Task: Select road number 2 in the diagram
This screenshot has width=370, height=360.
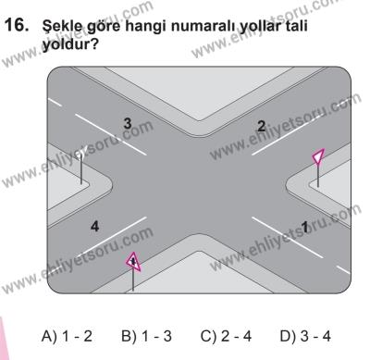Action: pos(262,125)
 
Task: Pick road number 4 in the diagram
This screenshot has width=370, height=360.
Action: pos(68,224)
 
